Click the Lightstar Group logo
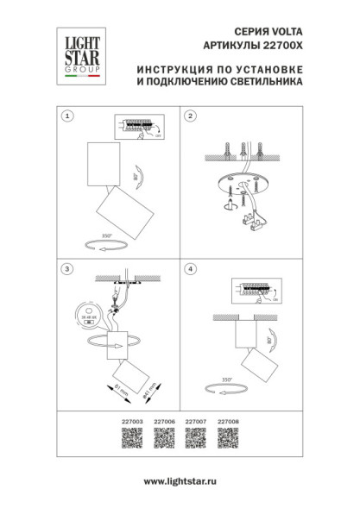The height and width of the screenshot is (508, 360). pos(78,53)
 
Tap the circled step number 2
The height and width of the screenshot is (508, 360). pos(192,116)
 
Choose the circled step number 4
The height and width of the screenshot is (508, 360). pos(192,270)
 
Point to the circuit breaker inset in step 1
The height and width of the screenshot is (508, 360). pos(138,127)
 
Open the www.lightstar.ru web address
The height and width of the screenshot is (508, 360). pos(180,480)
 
